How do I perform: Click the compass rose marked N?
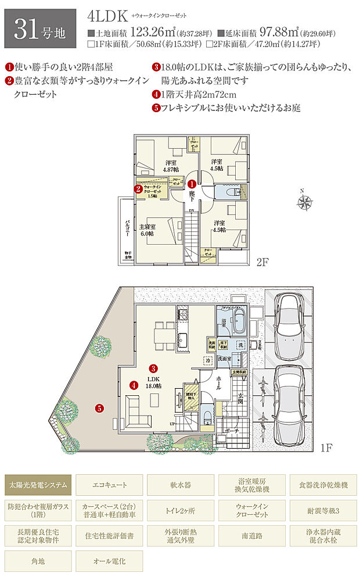click(303, 203)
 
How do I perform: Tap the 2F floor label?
click(263, 262)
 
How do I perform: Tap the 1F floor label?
click(326, 448)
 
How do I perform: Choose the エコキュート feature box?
click(109, 484)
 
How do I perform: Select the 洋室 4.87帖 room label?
click(171, 164)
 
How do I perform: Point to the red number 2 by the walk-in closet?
click(139, 188)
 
